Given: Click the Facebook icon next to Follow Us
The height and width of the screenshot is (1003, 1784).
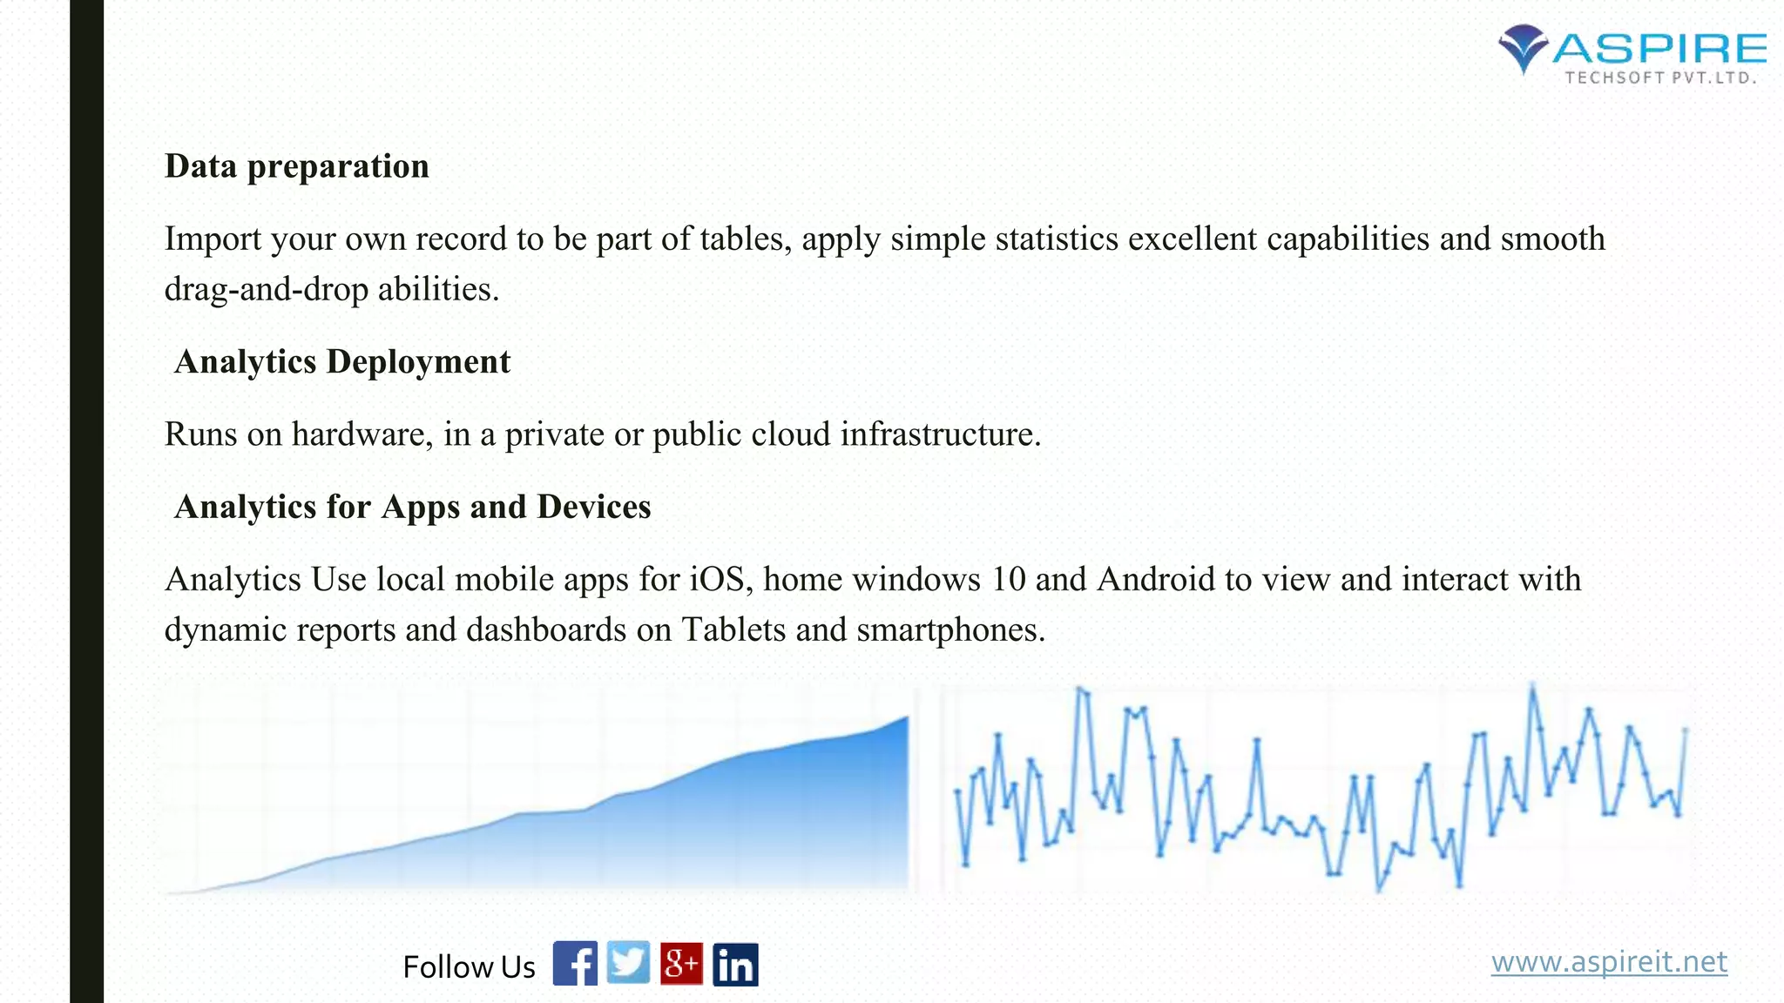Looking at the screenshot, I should (575, 964).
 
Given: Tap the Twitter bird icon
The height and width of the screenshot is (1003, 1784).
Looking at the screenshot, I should (628, 963).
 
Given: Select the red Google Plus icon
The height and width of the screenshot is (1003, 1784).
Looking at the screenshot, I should (681, 964).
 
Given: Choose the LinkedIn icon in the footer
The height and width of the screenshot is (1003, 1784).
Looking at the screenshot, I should (735, 965).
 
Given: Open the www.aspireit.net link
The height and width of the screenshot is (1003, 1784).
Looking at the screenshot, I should (1608, 962).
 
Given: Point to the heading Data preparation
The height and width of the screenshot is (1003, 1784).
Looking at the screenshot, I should (297, 166).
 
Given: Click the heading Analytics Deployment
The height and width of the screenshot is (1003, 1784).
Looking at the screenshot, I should (342, 362).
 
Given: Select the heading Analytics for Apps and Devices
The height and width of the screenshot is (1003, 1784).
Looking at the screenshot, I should (413, 507).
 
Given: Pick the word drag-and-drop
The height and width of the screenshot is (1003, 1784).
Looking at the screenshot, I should (267, 290).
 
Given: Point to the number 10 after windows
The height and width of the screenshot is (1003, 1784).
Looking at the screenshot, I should (1009, 580).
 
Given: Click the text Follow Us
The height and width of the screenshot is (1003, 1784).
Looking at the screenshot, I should (469, 967).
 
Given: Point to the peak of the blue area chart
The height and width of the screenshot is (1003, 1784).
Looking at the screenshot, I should (906, 718).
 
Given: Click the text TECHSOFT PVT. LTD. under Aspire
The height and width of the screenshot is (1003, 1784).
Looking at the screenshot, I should (1660, 78).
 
